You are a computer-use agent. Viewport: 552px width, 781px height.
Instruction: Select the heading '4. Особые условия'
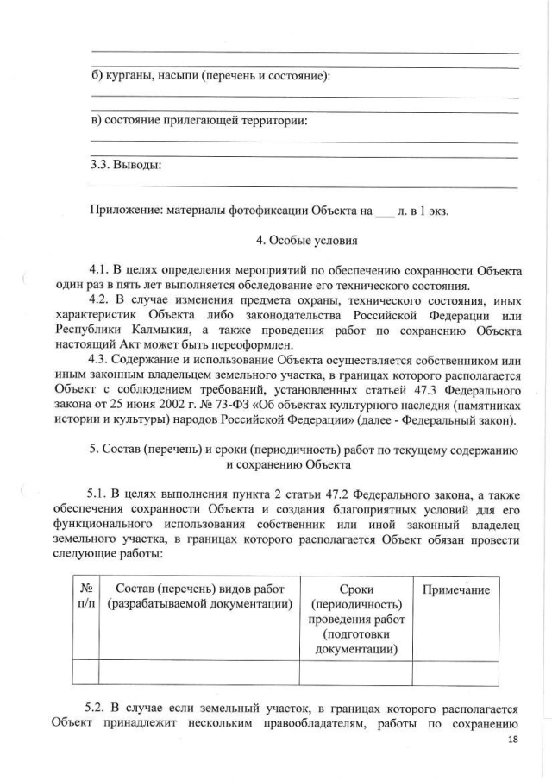(x=298, y=241)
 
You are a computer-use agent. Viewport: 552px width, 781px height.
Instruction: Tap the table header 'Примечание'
(x=455, y=589)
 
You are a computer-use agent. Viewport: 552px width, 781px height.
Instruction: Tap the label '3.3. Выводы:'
(x=126, y=165)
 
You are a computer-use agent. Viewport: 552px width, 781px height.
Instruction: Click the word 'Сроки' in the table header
(x=355, y=589)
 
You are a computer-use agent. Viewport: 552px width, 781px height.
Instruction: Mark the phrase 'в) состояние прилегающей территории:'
(x=199, y=120)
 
